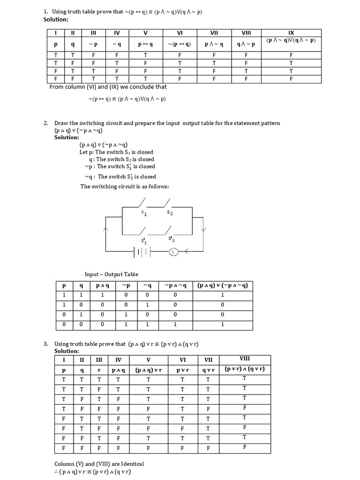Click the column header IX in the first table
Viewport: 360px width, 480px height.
tap(291, 33)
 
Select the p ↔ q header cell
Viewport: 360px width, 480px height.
tap(145, 44)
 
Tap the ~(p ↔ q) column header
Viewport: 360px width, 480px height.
tap(180, 44)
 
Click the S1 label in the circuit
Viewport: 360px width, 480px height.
tap(144, 213)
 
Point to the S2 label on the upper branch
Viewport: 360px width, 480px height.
tap(170, 213)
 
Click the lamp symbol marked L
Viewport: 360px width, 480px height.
tap(174, 252)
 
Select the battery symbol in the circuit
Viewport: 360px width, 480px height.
tap(142, 252)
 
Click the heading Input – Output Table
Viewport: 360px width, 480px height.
tap(111, 274)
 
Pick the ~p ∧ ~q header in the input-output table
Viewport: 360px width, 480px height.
tap(175, 285)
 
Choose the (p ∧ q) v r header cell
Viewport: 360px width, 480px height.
tap(148, 370)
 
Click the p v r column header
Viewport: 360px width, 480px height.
tap(183, 370)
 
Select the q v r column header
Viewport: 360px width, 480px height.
tap(208, 370)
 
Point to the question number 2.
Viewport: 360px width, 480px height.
tap(46, 123)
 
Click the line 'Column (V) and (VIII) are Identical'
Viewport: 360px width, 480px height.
tap(99, 464)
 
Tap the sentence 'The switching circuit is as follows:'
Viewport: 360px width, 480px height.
tap(125, 187)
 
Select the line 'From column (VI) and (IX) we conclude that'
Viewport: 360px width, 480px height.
tap(108, 87)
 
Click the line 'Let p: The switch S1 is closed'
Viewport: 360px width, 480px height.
tap(116, 152)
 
